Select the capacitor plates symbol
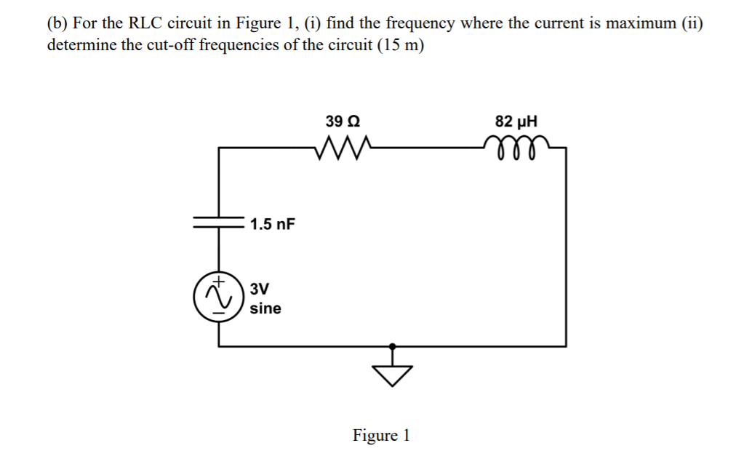[219, 223]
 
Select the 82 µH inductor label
[517, 121]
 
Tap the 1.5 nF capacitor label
[273, 223]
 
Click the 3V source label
[260, 288]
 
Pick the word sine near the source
[265, 308]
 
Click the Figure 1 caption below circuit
[381, 436]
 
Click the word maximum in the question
[640, 23]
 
